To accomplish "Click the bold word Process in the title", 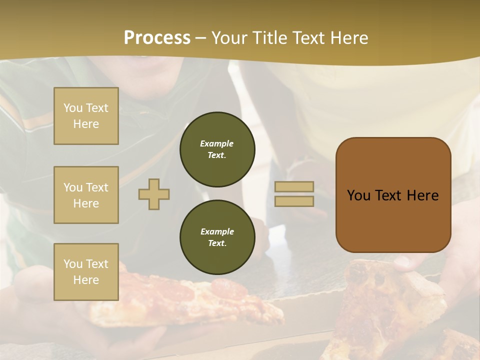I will [x=157, y=38].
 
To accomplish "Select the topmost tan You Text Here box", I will [x=86, y=116].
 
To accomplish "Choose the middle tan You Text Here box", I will [x=86, y=195].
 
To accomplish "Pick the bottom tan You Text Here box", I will [x=86, y=271].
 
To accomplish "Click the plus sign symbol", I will [x=154, y=194].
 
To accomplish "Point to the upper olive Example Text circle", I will [x=217, y=149].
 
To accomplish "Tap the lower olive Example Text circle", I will [x=217, y=237].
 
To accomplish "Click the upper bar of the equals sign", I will [x=294, y=187].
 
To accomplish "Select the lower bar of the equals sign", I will [x=294, y=201].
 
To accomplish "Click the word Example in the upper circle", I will [x=217, y=143].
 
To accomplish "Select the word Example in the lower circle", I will [x=217, y=231].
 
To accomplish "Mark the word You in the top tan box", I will [x=72, y=108].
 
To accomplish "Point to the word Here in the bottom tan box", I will [x=86, y=280].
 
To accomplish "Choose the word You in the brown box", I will [x=358, y=195].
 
